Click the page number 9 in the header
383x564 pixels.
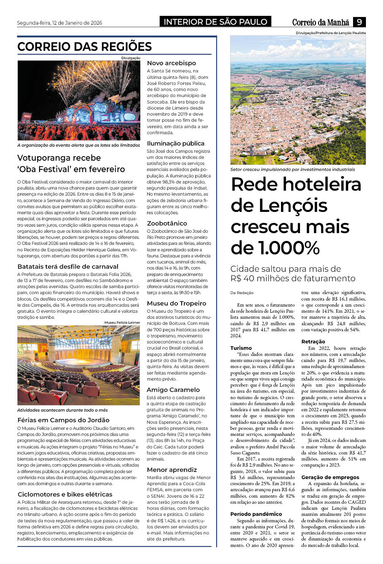point(359,22)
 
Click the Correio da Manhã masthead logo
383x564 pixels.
point(320,22)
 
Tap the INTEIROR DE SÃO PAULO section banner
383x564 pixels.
point(215,22)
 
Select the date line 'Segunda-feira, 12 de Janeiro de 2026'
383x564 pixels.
point(60,23)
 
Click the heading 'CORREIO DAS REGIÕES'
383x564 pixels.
point(85,47)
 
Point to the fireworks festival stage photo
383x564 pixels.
point(79,100)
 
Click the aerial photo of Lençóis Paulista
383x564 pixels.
point(298,100)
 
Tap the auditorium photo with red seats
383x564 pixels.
point(79,365)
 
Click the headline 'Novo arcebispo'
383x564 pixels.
point(171,63)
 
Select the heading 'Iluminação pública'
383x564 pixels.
point(176,143)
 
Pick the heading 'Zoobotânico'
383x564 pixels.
point(167,223)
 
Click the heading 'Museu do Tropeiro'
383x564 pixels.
point(176,303)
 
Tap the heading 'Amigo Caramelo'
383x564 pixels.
point(173,390)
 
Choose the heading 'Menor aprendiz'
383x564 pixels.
point(172,470)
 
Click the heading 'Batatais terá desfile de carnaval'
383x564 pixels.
point(68,266)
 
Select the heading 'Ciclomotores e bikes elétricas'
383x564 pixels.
point(65,494)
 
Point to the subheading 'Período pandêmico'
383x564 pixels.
point(256,514)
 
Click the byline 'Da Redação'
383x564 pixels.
point(242,293)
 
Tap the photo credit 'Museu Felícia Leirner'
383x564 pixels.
point(122,322)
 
